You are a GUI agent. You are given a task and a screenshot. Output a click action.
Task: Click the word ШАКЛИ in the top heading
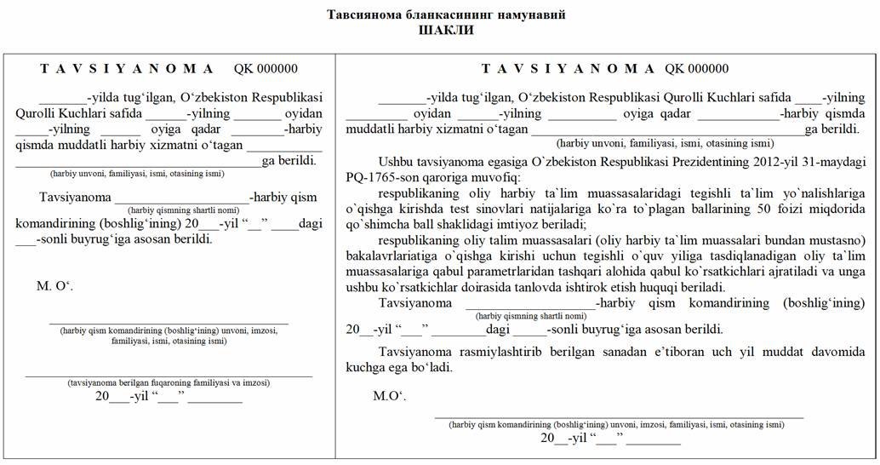(447, 30)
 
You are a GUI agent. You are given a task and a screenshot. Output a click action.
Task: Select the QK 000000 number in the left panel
(266, 69)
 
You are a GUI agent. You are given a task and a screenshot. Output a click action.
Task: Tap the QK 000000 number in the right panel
(697, 69)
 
